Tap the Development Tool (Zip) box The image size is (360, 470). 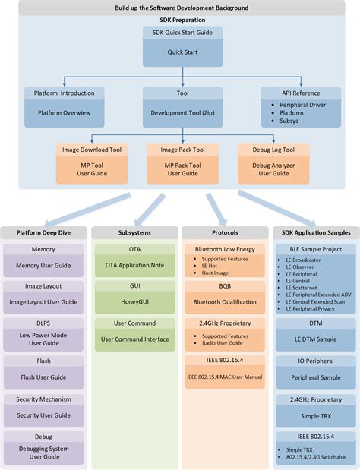point(182,112)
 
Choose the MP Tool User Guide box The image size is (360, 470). point(88,169)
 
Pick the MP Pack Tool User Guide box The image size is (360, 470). point(182,169)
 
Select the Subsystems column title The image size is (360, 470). point(134,232)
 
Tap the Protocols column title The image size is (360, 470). point(225,232)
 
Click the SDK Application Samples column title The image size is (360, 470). point(314,232)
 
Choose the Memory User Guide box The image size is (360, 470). point(43,266)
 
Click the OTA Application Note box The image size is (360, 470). point(134,266)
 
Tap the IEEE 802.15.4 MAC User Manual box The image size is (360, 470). point(225,377)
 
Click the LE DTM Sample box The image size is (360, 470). point(314,339)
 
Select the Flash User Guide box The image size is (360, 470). point(43,377)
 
